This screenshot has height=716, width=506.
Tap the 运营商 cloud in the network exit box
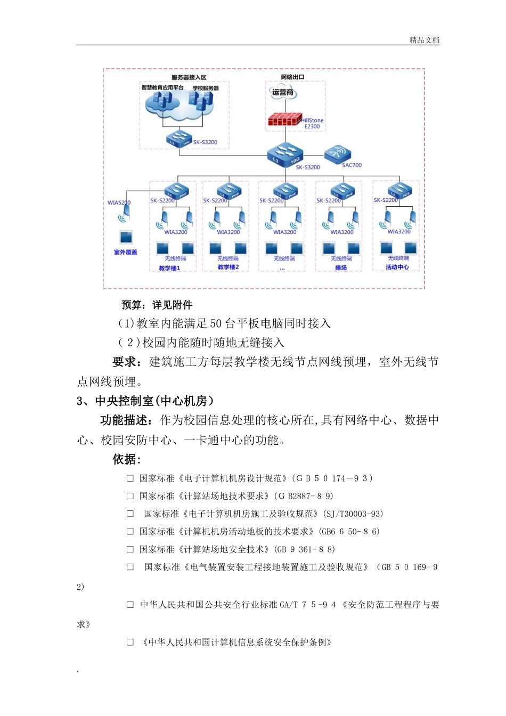(283, 93)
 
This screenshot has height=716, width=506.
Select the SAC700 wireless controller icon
(338, 153)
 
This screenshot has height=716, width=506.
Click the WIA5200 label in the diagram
(119, 202)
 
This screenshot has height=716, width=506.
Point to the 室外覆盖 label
(126, 252)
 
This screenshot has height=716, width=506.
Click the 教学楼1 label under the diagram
(170, 268)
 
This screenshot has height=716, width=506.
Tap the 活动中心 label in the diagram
(397, 267)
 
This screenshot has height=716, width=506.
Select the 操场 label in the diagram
(341, 267)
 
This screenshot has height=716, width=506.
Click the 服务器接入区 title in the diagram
(189, 78)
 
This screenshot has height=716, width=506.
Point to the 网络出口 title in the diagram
(292, 77)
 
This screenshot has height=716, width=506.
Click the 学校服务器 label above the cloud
(206, 88)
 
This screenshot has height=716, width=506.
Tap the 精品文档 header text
(425, 40)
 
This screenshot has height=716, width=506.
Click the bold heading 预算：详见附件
(157, 305)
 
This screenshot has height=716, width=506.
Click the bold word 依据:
(127, 459)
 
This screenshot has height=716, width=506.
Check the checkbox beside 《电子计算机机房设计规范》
(130, 478)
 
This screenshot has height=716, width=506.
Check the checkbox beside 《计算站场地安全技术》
(130, 549)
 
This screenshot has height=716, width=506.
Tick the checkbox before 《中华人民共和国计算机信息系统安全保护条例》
(130, 642)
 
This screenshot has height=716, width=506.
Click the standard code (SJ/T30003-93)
(353, 514)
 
